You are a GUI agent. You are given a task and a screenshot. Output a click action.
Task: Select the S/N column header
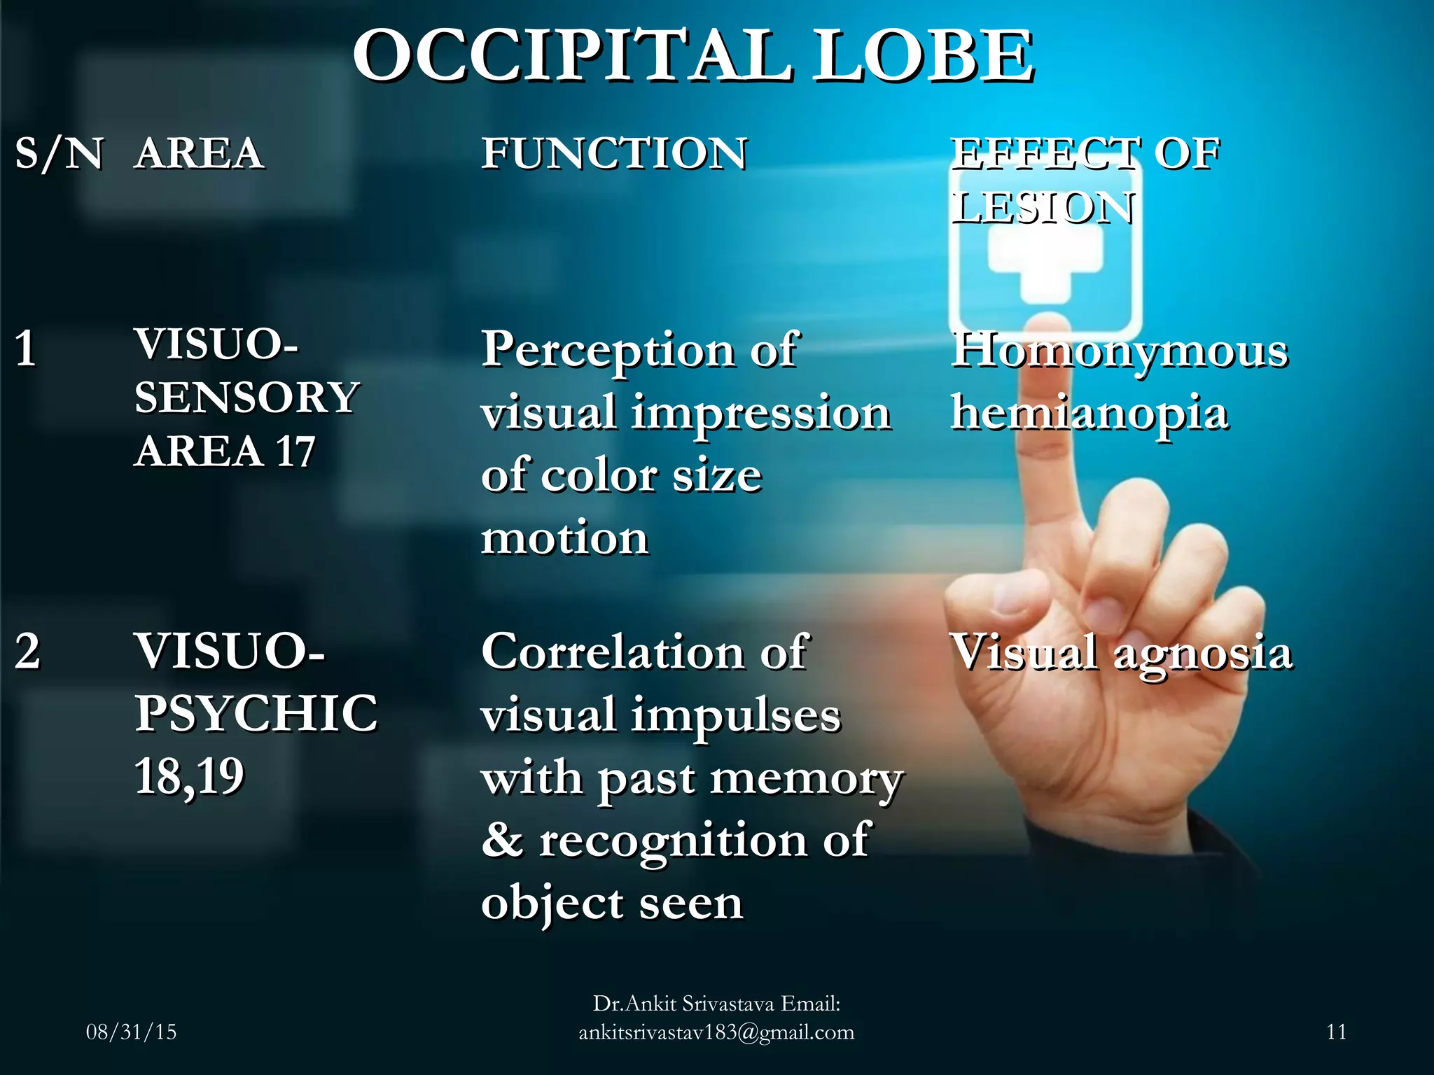tap(60, 153)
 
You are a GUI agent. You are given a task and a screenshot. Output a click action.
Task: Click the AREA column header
tap(200, 153)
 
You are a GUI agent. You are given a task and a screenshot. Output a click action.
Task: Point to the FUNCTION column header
tap(614, 153)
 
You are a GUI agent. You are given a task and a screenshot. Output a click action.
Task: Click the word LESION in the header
tap(1043, 208)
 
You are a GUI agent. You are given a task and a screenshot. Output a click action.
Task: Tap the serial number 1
tap(26, 348)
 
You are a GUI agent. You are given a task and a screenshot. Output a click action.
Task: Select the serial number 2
tap(27, 651)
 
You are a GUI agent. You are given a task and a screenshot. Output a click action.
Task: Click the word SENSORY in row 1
tap(246, 398)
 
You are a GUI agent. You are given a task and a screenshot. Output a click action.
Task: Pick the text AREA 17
tap(225, 451)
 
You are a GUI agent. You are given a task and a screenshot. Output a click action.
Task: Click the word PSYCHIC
tap(256, 713)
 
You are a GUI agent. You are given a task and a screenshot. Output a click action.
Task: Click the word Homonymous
tap(1119, 350)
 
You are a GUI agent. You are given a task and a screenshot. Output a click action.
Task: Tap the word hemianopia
tap(1089, 413)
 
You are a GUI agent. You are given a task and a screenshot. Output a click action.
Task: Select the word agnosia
tap(1202, 653)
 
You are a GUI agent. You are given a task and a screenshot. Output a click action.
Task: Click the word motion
tap(564, 538)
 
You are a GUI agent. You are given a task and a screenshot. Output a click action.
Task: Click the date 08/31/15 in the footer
tap(131, 1032)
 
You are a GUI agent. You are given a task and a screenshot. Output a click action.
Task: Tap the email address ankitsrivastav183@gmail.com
tap(716, 1032)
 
